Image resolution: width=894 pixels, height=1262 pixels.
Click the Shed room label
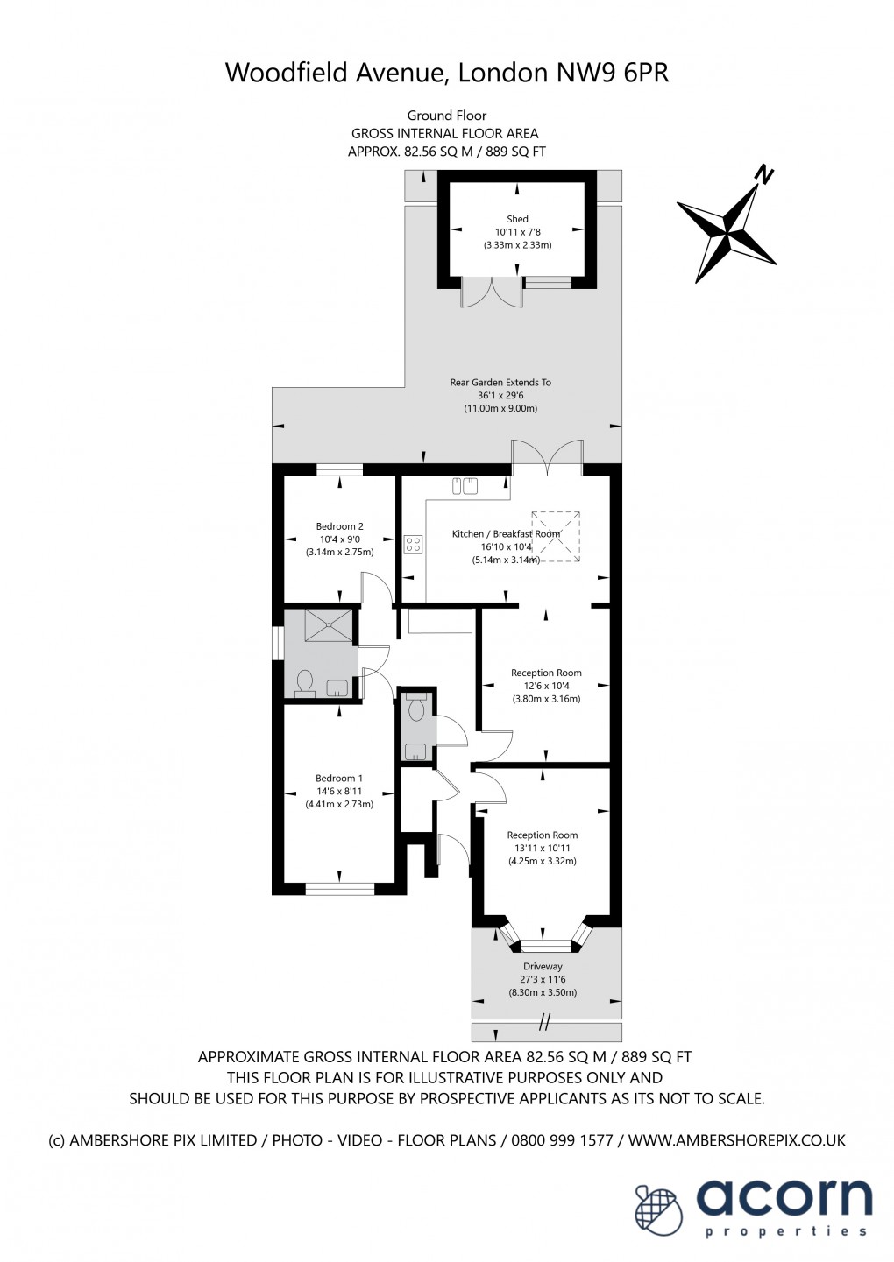[x=517, y=219]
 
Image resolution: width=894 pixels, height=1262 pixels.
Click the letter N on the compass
[x=766, y=174]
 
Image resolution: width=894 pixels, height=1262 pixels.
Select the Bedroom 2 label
[x=339, y=526]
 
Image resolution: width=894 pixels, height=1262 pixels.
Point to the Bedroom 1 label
[x=339, y=778]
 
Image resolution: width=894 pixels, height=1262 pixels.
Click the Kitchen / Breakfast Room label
[x=506, y=533]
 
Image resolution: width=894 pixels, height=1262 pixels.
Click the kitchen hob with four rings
[x=413, y=544]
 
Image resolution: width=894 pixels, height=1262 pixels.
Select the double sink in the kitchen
[x=465, y=484]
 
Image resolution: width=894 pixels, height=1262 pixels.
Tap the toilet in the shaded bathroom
[x=305, y=681]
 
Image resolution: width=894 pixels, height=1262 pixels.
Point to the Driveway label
[x=543, y=967]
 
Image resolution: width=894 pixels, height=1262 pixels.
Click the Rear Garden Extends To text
[x=500, y=383]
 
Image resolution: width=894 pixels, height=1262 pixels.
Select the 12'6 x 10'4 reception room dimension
[x=546, y=686]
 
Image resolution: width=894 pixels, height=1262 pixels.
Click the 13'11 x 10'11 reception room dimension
[x=542, y=848]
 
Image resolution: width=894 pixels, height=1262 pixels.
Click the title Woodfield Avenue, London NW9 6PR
[x=447, y=72]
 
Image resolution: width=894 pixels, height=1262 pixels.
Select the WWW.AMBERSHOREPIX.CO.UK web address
[x=736, y=1140]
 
